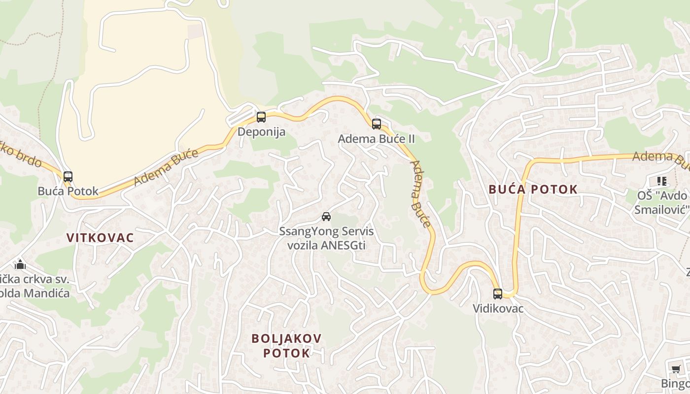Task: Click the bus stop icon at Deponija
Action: click(x=261, y=117)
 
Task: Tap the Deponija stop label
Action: click(x=261, y=132)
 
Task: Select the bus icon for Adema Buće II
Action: click(x=377, y=124)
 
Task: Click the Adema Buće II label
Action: click(x=376, y=139)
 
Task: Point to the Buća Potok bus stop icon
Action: click(x=68, y=177)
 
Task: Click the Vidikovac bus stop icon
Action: click(x=498, y=294)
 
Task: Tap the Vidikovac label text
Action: click(x=498, y=309)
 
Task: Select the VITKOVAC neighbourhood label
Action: click(x=100, y=237)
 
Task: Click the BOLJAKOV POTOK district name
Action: click(x=286, y=346)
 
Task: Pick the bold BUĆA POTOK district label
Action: click(x=533, y=189)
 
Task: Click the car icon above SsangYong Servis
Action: click(x=326, y=216)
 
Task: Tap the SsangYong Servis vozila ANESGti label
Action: click(x=326, y=238)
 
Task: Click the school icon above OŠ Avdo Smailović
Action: click(x=662, y=181)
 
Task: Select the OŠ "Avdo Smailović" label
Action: click(x=663, y=202)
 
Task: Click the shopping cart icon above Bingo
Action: click(x=676, y=369)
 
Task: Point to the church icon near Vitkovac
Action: click(x=20, y=264)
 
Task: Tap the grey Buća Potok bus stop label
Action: click(x=68, y=191)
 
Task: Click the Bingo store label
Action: click(x=675, y=383)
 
